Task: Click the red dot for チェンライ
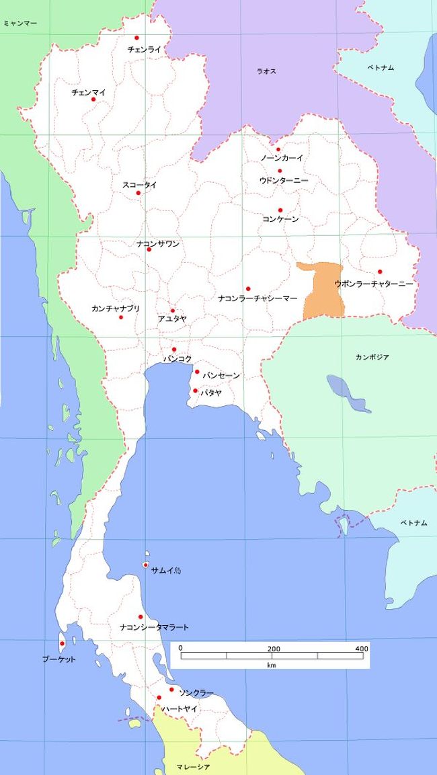pyautogui.click(x=136, y=38)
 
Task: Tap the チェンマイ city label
pyautogui.click(x=89, y=92)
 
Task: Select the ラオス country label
pyautogui.click(x=266, y=71)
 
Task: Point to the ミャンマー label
pyautogui.click(x=19, y=24)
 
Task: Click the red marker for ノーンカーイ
pyautogui.click(x=278, y=150)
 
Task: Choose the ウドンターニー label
pyautogui.click(x=283, y=181)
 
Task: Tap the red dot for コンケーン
pyautogui.click(x=280, y=210)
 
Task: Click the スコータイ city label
pyautogui.click(x=139, y=185)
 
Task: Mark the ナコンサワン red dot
pyautogui.click(x=149, y=250)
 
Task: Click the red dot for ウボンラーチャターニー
pyautogui.click(x=380, y=272)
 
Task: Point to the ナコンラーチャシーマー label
pyautogui.click(x=258, y=298)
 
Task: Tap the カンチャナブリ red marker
pyautogui.click(x=121, y=317)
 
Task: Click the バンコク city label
pyautogui.click(x=177, y=360)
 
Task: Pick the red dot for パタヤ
pyautogui.click(x=195, y=391)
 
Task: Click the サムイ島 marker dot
pyautogui.click(x=145, y=565)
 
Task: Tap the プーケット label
pyautogui.click(x=58, y=659)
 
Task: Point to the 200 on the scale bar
pyautogui.click(x=274, y=649)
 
